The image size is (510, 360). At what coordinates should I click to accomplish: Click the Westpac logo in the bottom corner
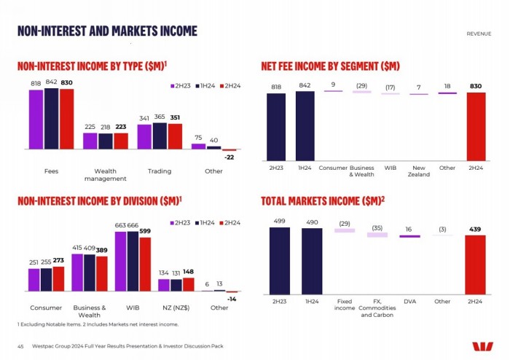point(482,347)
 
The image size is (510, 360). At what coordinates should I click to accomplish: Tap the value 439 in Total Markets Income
point(476,229)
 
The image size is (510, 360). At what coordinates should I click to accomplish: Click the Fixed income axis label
point(344,305)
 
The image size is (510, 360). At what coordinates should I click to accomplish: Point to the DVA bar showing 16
point(409,235)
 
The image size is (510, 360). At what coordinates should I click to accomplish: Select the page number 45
point(21,346)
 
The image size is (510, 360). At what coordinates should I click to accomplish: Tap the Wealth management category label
point(105,175)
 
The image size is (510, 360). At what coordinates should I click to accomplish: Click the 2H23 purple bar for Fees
point(36,119)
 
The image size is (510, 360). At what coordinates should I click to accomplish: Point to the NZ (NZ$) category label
point(176,308)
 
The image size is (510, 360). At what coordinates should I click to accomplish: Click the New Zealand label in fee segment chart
point(419,171)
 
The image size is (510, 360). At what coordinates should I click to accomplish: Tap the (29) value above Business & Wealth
point(361,85)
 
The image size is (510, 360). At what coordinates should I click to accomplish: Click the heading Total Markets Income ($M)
point(323,200)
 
